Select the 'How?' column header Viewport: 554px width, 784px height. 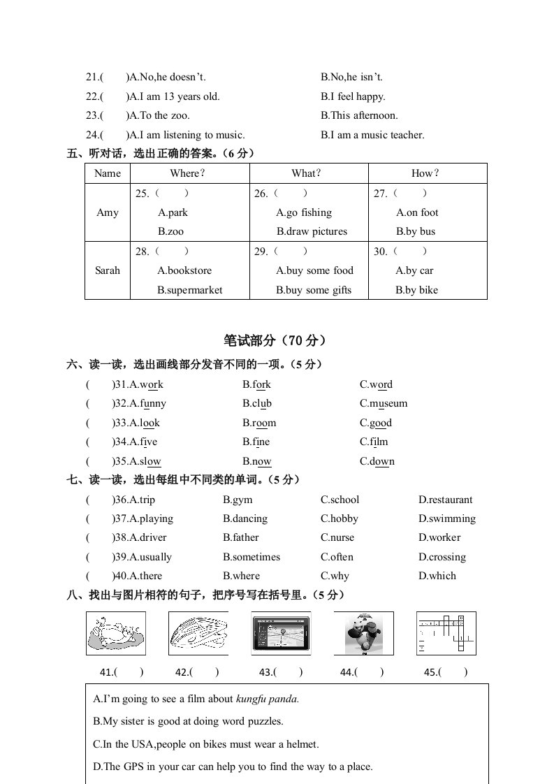point(426,173)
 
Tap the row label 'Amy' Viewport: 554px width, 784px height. point(107,212)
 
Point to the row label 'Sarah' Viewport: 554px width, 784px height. point(107,270)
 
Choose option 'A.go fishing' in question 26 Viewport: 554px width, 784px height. point(304,212)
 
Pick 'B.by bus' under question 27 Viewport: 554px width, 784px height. point(415,231)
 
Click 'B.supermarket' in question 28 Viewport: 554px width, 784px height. point(190,290)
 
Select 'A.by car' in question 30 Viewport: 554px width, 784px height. point(414,270)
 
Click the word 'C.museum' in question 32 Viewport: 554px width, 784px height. point(384,403)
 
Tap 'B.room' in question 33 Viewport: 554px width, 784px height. point(259,423)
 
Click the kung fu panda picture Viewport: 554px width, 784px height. point(363,634)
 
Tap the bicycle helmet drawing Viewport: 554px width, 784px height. point(198,634)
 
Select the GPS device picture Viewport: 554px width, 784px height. point(281,634)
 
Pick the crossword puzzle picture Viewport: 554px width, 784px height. point(446,634)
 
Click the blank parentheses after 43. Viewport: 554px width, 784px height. point(289,672)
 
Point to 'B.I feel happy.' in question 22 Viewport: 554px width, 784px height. point(353,96)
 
